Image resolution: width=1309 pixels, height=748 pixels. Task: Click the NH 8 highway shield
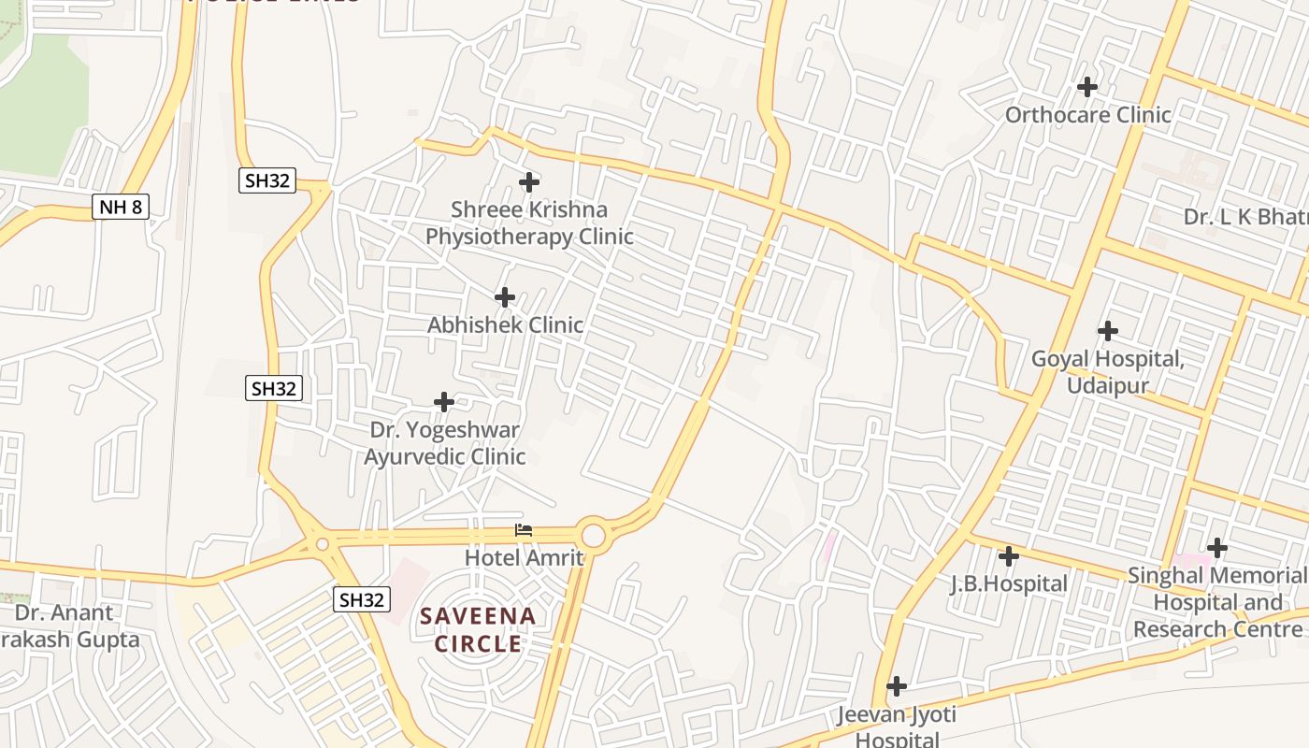pyautogui.click(x=122, y=207)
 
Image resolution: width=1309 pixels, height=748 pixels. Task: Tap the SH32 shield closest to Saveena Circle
pyautogui.click(x=361, y=599)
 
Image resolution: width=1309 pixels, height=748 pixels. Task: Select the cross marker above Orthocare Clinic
pyautogui.click(x=1086, y=87)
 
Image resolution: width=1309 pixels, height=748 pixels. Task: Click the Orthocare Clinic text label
pyautogui.click(x=1087, y=115)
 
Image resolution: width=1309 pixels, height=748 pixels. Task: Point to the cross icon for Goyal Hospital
pyautogui.click(x=1108, y=331)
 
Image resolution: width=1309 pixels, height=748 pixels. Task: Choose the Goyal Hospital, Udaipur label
pyautogui.click(x=1107, y=372)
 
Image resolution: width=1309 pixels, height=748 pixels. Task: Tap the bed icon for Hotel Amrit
pyautogui.click(x=524, y=530)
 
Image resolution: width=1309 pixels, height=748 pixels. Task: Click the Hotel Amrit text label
pyautogui.click(x=524, y=558)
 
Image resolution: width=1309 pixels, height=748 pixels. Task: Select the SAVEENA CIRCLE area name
pyautogui.click(x=478, y=630)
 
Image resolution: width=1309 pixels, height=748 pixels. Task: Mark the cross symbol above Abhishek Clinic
pyautogui.click(x=505, y=297)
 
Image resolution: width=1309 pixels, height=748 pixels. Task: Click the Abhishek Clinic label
pyautogui.click(x=505, y=325)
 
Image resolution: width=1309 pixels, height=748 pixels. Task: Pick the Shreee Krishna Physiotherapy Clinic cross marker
pyautogui.click(x=529, y=181)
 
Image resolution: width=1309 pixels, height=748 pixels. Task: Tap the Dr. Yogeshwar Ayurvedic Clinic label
pyautogui.click(x=444, y=443)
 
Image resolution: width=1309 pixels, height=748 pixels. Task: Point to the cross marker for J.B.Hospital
pyautogui.click(x=1008, y=556)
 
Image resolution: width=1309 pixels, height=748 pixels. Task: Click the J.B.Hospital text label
pyautogui.click(x=1008, y=584)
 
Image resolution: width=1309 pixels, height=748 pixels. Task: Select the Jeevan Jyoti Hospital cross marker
pyautogui.click(x=896, y=686)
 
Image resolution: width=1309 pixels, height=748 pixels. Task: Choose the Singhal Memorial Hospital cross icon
pyautogui.click(x=1216, y=547)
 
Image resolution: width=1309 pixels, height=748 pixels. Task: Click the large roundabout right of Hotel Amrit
pyautogui.click(x=594, y=535)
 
